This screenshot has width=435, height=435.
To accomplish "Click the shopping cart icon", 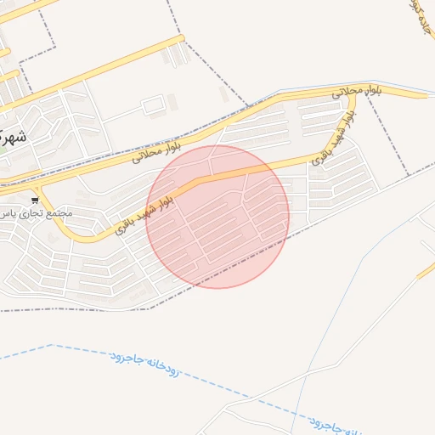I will tap(34, 201).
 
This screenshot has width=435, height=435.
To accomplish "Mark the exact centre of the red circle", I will tap(217, 217).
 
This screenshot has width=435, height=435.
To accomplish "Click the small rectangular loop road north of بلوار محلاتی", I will tap(154, 105).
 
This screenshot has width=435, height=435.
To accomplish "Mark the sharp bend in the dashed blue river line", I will tap(53, 345).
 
